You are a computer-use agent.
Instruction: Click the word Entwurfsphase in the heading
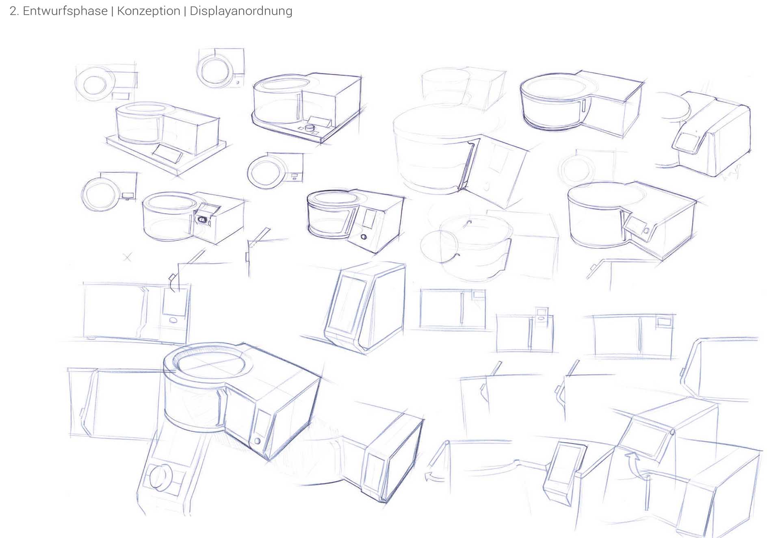point(65,11)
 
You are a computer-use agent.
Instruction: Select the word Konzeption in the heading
point(148,11)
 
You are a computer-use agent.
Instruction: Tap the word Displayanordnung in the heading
point(241,11)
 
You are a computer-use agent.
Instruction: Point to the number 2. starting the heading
point(14,11)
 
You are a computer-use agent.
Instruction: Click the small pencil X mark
point(128,257)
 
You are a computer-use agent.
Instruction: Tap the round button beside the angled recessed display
point(646,231)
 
